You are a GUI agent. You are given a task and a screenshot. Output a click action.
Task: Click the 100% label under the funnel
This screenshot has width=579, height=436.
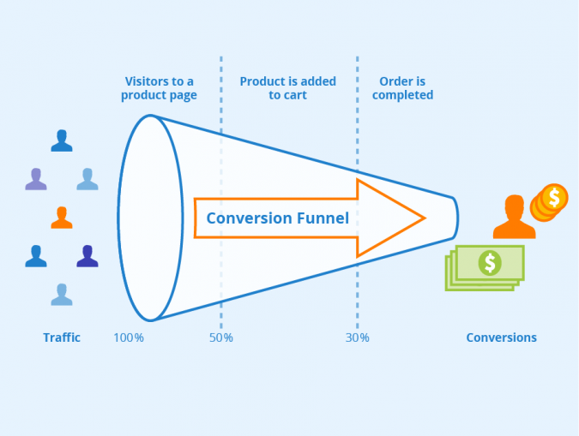129,337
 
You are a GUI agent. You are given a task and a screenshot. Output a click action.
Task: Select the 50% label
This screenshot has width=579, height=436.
221,337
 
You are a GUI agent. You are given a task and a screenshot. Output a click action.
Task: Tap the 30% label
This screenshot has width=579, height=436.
358,337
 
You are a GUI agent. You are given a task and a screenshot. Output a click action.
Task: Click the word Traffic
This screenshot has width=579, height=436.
62,337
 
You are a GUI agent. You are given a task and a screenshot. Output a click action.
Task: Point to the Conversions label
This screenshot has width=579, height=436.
501,337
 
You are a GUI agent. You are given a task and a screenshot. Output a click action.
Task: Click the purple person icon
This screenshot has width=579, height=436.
36,179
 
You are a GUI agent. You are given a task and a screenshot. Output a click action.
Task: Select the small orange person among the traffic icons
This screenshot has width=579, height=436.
61,218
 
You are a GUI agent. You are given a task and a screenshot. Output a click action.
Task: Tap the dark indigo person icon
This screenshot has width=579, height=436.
87,256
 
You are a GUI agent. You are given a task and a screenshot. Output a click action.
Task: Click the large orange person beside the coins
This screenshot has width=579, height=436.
513,218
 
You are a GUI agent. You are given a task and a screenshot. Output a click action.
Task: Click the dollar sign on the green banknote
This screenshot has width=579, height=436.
490,263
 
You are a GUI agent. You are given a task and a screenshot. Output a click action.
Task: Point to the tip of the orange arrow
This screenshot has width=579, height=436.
424,218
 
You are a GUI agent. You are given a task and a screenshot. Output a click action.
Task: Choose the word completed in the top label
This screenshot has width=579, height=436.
403,95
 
